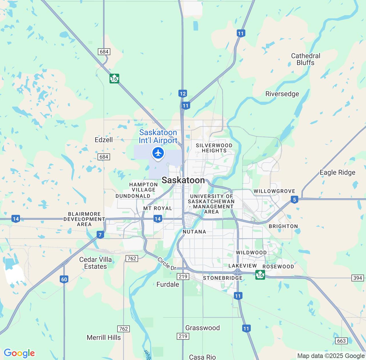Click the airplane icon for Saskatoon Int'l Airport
coord(158,153)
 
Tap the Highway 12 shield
coord(183,93)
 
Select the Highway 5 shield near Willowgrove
coord(294,199)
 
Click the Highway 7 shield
coord(100,235)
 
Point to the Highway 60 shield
coord(64,279)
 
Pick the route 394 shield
coord(357,278)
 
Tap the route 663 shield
coord(341,341)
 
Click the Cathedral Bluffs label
coord(305,59)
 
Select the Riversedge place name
coord(282,94)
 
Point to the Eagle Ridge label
coord(337,173)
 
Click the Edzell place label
coord(104,140)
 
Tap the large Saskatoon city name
coord(183,180)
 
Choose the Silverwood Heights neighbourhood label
coord(214,148)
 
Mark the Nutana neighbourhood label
coord(194,232)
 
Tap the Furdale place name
coord(168,284)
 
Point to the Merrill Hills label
coord(104,337)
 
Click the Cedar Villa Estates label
coord(95,263)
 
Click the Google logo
coord(19,353)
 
